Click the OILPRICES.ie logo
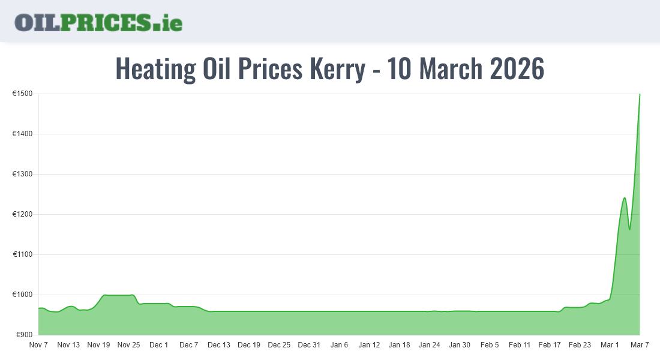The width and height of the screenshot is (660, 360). coord(98,22)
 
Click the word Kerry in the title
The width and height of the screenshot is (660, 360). coord(337,69)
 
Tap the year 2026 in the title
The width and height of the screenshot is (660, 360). coord(517,69)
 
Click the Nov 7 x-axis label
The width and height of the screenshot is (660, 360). coord(38,345)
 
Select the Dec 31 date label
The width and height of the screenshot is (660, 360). coord(309,345)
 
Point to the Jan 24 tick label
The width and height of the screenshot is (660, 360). coord(430,345)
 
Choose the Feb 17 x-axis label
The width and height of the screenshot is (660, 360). coord(550,345)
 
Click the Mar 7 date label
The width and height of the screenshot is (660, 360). coord(640,345)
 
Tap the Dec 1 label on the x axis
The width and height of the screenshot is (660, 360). coord(159,345)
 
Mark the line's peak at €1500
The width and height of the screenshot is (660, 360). coord(640,95)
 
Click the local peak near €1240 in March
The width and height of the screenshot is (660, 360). coord(625,198)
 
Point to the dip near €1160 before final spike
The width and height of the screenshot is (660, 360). coord(629,229)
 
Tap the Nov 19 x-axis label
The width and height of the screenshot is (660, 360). coord(98,345)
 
